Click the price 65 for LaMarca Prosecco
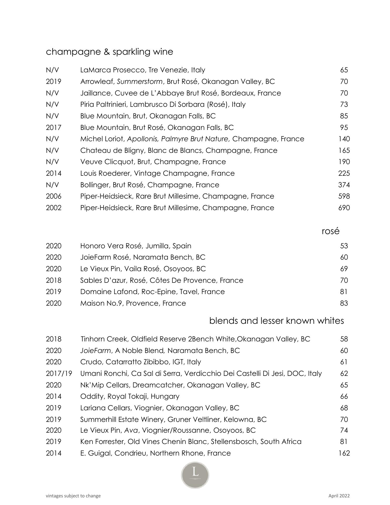[344, 70]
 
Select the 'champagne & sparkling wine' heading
[109, 52]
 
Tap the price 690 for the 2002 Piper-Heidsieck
[344, 208]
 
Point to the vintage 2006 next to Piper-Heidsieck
[54, 196]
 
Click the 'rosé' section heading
[330, 231]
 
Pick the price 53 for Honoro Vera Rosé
[344, 246]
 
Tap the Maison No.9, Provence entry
[133, 303]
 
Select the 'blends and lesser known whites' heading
[276, 321]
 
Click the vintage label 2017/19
[59, 373]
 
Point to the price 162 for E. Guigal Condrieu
[344, 453]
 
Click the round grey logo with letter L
[195, 475]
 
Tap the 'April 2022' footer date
[339, 496]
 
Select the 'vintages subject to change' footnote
[73, 496]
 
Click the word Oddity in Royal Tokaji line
[92, 396]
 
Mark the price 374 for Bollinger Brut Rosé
[344, 185]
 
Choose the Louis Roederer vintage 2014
[54, 173]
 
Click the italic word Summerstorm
[140, 82]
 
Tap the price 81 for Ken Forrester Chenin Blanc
[344, 442]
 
